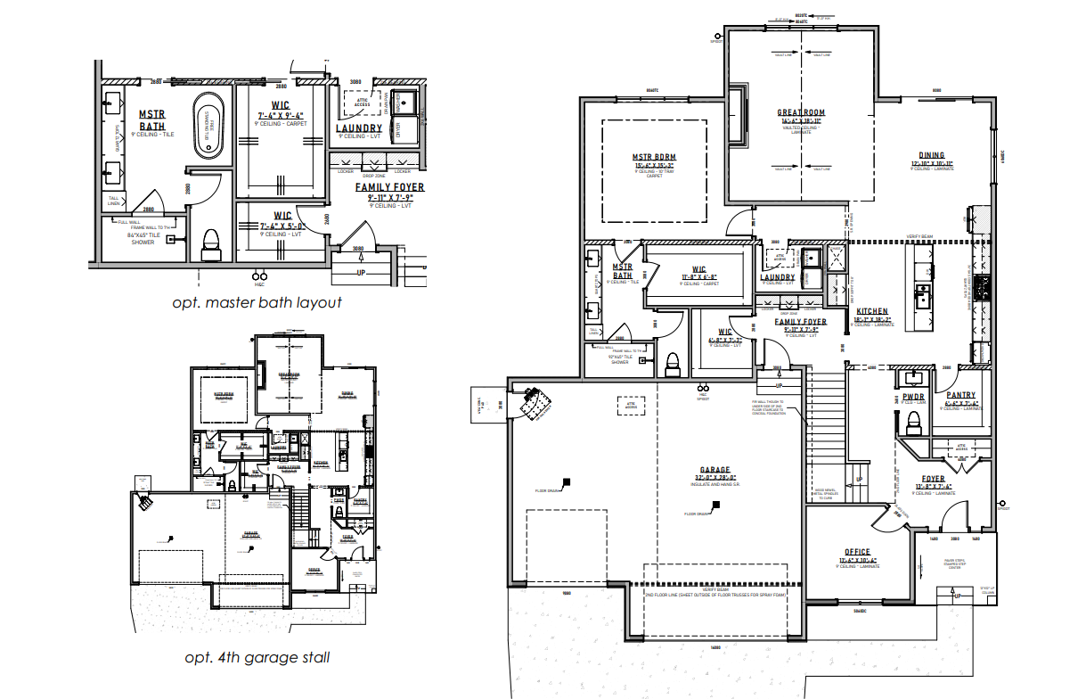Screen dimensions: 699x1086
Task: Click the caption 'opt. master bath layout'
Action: [257, 302]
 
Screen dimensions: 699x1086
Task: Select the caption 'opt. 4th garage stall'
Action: [257, 658]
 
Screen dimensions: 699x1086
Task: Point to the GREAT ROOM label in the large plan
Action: [801, 113]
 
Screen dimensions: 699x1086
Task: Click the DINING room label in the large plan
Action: [932, 155]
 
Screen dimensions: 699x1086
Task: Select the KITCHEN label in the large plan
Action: [872, 312]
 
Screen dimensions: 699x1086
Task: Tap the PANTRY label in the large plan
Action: [960, 395]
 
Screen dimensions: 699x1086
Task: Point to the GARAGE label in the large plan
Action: [714, 470]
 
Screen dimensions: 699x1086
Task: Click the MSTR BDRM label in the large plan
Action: [654, 158]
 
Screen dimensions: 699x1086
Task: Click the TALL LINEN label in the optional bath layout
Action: [113, 201]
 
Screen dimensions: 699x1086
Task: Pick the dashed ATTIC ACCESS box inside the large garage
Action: [632, 404]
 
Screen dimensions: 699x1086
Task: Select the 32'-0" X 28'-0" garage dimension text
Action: [714, 478]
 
